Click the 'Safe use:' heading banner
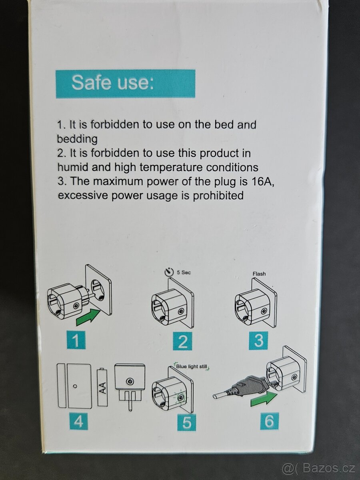point(126,84)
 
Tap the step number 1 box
point(76,340)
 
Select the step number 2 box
point(182,341)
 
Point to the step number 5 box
point(186,422)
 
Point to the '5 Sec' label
point(184,272)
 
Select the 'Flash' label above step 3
point(259,274)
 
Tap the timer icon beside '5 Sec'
point(169,272)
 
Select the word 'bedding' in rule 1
point(77,139)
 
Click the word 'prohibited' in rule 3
point(218,195)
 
